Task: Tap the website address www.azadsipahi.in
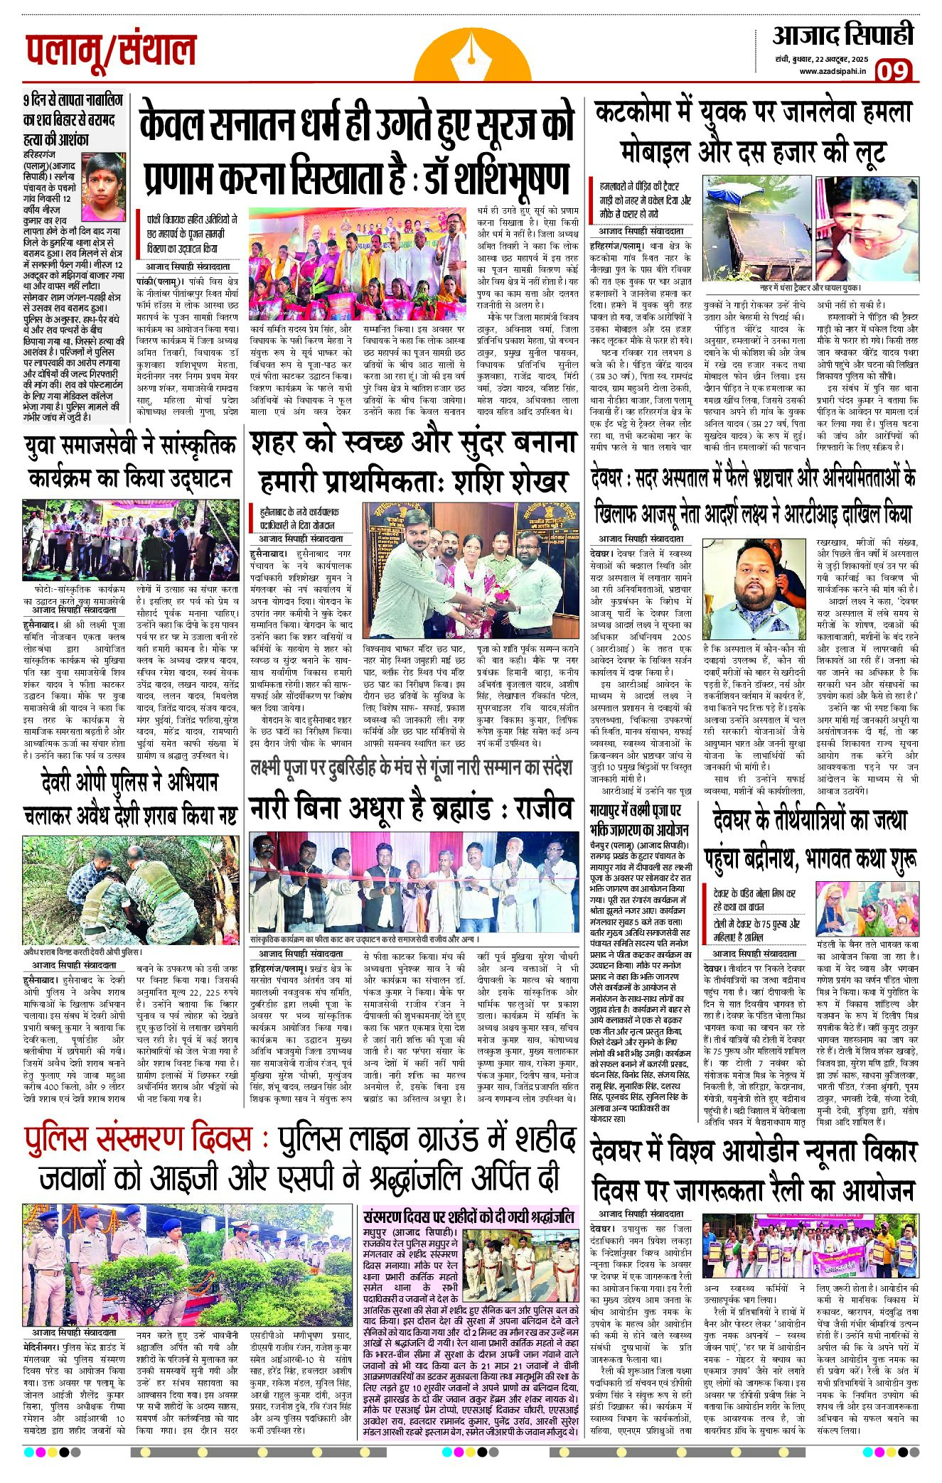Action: point(832,71)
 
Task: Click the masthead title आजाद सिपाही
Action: point(843,35)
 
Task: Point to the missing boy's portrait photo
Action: point(104,185)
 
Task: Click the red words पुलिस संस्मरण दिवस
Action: point(139,1138)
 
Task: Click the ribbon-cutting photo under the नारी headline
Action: point(414,881)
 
